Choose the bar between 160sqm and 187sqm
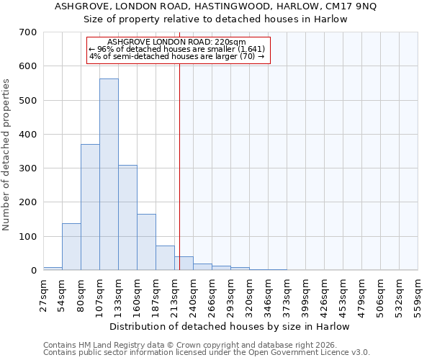click(146, 242)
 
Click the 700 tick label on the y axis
click(27, 32)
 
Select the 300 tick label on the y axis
click(27, 168)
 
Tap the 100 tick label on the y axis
click(27, 237)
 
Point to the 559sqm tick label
click(418, 293)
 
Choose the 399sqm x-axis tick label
click(305, 293)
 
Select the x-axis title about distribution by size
click(230, 327)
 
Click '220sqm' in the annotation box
click(230, 42)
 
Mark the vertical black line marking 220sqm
click(179, 166)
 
